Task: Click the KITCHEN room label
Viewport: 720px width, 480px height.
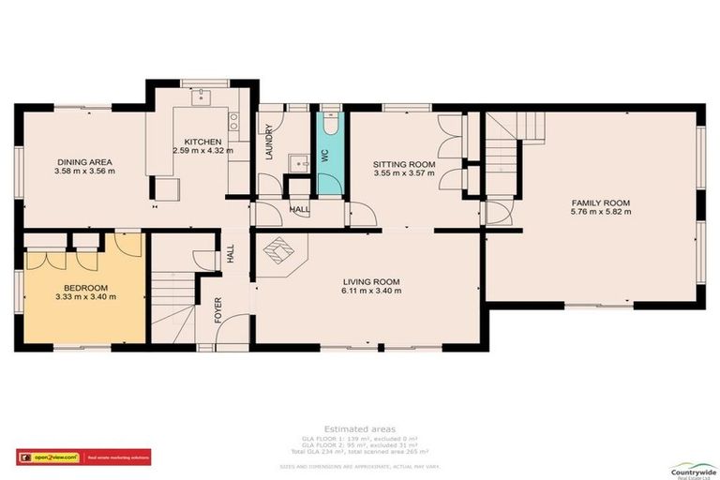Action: [x=202, y=142]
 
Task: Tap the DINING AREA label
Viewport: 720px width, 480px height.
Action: [x=84, y=162]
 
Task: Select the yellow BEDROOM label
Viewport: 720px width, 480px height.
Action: [x=84, y=287]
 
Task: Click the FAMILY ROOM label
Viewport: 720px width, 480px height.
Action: [x=601, y=202]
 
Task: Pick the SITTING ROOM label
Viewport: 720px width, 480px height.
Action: [x=406, y=162]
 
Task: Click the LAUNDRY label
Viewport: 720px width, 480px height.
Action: [x=268, y=143]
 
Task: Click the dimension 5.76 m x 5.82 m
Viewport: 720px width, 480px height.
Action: [x=601, y=212]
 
